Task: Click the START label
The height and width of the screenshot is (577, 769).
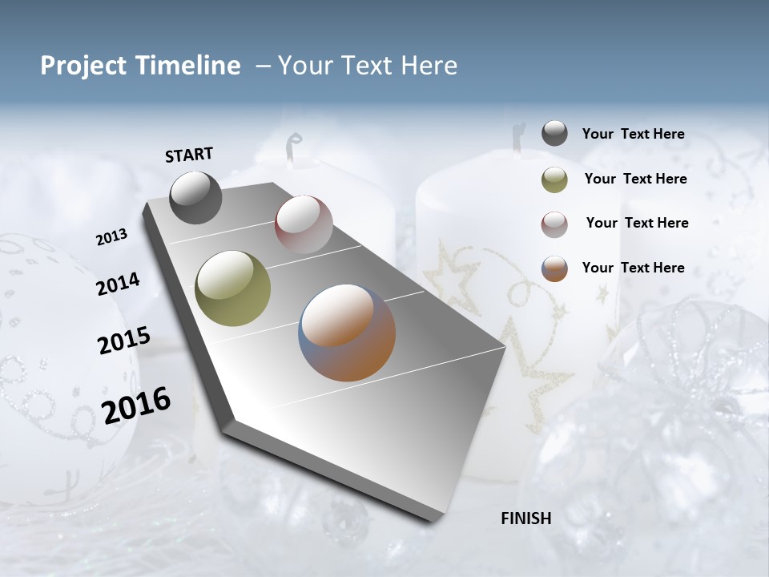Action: point(189,155)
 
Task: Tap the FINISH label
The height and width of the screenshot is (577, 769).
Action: point(525,518)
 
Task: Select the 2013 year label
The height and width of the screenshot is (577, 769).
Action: point(112,237)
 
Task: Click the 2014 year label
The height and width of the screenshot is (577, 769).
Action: point(118,284)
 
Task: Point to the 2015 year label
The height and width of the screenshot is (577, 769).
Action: point(124,340)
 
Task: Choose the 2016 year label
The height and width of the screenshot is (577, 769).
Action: point(136,405)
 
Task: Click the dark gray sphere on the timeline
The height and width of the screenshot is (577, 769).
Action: point(195,197)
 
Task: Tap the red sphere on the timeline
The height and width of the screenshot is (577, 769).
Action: point(304,224)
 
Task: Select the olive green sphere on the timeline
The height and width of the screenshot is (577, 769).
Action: point(233,288)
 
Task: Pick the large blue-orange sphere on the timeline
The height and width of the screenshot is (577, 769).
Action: point(347,333)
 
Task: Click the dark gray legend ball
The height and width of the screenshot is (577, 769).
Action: point(554,134)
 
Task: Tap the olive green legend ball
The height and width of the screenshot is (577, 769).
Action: point(554,180)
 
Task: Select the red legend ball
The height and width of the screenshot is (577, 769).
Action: point(554,224)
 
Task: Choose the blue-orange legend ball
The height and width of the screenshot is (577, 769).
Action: point(554,268)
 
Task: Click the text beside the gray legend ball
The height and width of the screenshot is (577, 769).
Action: point(633,134)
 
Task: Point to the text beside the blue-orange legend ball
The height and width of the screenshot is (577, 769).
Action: point(633,268)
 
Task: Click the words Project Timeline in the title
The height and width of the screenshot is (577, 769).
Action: point(140,66)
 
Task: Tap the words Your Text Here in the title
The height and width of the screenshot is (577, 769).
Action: point(367,66)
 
